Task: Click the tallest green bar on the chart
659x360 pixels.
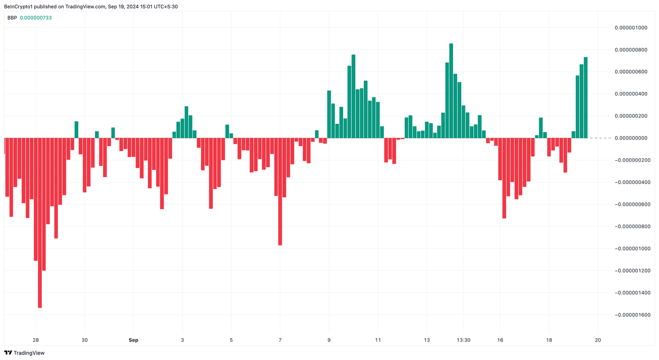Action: click(451, 91)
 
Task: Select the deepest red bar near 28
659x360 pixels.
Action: click(40, 222)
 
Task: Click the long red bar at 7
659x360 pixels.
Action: click(280, 192)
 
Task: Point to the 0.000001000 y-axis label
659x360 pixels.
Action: click(631, 28)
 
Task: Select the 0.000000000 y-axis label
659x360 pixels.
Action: click(631, 138)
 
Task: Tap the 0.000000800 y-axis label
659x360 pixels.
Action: click(631, 50)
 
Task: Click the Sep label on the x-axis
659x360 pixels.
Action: click(133, 340)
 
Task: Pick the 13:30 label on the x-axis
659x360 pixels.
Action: click(463, 340)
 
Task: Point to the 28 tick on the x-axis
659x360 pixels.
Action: click(36, 340)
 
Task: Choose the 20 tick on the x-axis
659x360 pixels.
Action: click(598, 340)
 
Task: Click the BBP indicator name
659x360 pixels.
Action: click(12, 18)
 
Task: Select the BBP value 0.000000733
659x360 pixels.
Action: click(36, 18)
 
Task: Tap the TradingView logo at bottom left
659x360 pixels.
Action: click(24, 353)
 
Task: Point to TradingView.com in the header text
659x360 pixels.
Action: click(85, 7)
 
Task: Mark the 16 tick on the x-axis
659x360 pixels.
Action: click(500, 340)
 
